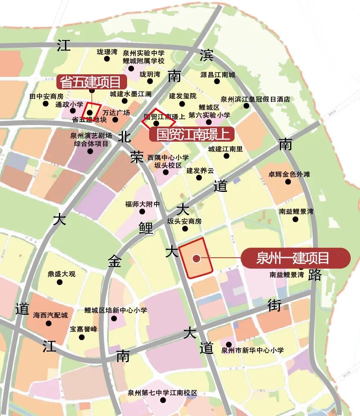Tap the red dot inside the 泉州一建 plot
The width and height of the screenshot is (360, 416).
pyautogui.click(x=196, y=258)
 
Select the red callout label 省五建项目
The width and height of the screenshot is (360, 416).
pyautogui.click(x=91, y=82)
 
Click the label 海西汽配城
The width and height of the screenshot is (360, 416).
pyautogui.click(x=50, y=315)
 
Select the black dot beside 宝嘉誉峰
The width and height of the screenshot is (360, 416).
pyautogui.click(x=82, y=337)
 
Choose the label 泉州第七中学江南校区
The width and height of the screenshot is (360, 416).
pyautogui.click(x=162, y=393)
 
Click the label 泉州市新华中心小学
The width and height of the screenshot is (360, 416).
pyautogui.click(x=252, y=350)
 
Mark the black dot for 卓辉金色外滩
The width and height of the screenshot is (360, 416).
pyautogui.click(x=288, y=182)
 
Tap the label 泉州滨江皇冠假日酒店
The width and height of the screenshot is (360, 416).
pyautogui.click(x=255, y=99)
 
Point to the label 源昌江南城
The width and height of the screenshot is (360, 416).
pyautogui.click(x=218, y=75)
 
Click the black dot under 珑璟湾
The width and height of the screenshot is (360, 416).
pyautogui.click(x=107, y=59)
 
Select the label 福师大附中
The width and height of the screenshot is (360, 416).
pyautogui.click(x=142, y=204)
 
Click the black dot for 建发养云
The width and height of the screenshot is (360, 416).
pyautogui.click(x=199, y=178)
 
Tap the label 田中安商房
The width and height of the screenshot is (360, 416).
pyautogui.click(x=46, y=96)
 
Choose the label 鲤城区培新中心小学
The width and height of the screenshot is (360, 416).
pyautogui.click(x=116, y=310)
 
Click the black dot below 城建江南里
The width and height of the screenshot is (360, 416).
pyautogui.click(x=226, y=156)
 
